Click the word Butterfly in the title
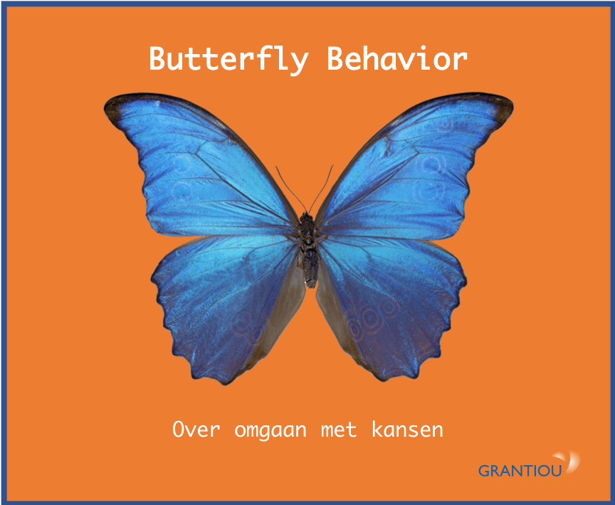coord(228,59)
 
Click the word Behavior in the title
coord(396,59)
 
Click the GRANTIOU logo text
coord(520,470)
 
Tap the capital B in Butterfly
coord(158,58)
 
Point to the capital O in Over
coord(179,430)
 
